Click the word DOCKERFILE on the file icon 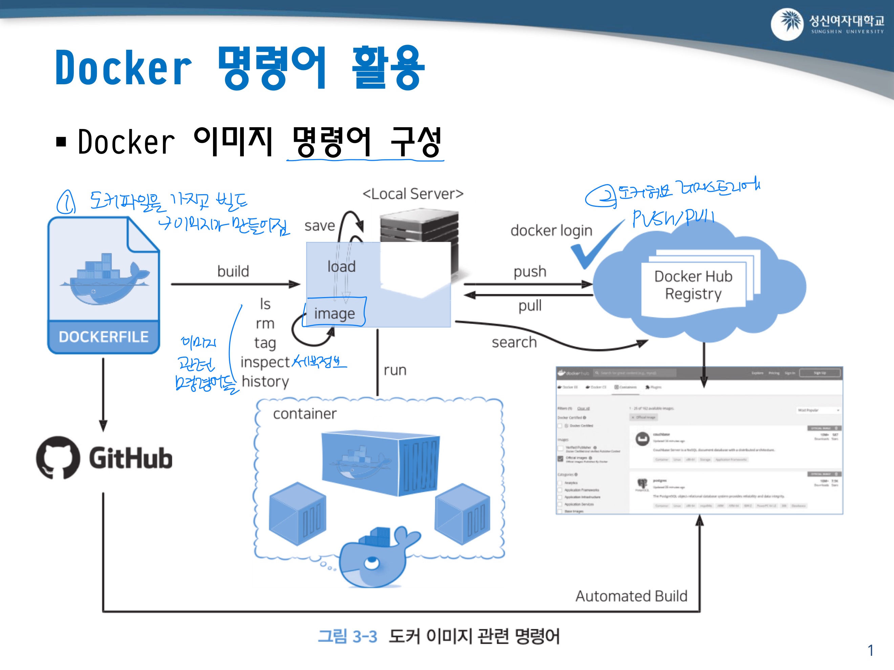point(104,337)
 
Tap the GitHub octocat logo point(58,457)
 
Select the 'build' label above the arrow point(233,271)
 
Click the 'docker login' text point(551,230)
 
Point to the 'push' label point(530,271)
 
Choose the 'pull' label point(530,306)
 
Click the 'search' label point(514,342)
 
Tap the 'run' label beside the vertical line point(395,370)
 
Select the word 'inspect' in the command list point(265,362)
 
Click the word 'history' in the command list point(265,382)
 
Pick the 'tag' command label point(265,343)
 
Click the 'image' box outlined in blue point(335,313)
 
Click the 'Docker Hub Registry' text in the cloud point(693,285)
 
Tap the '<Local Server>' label point(413,194)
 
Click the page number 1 point(871,651)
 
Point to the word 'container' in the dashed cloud point(305,414)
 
